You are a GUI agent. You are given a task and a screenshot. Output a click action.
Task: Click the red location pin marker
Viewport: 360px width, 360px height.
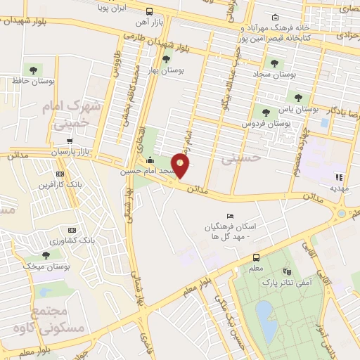[x=181, y=166]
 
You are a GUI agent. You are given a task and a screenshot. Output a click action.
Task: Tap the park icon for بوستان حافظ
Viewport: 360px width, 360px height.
[x=32, y=70]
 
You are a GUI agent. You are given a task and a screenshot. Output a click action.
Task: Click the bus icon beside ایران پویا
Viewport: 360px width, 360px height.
[x=149, y=11]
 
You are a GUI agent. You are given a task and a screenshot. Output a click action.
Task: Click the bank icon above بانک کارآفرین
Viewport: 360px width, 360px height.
[x=60, y=174]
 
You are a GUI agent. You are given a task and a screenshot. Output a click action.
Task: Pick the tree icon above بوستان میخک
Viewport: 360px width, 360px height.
[x=46, y=255]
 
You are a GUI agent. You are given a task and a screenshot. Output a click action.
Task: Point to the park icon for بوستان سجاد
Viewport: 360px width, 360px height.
[x=274, y=63]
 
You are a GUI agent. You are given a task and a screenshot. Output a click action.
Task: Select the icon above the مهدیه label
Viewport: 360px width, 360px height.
[x=339, y=177]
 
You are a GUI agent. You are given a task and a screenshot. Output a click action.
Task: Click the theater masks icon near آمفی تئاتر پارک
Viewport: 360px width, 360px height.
[x=285, y=271]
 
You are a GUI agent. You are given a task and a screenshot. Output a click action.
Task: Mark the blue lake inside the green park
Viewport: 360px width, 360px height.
[x=265, y=320]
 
